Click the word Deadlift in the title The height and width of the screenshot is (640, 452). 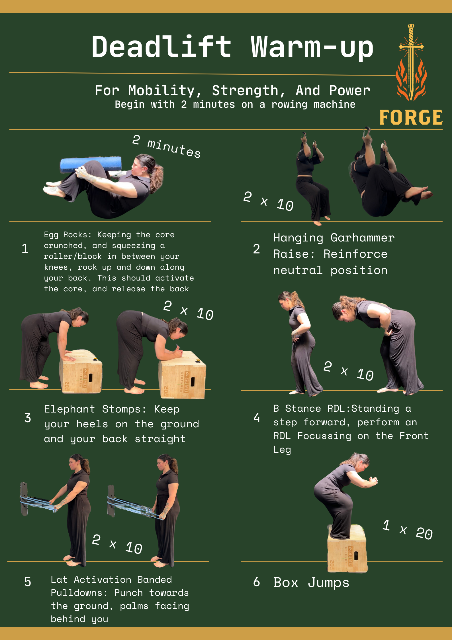[x=161, y=47]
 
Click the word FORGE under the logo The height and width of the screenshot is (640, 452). [x=411, y=118]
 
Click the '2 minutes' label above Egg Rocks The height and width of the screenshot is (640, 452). [x=167, y=146]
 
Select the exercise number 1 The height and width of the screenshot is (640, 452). [x=25, y=249]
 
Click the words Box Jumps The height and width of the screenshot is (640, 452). [x=311, y=582]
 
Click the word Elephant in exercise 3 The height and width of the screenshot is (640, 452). [x=69, y=409]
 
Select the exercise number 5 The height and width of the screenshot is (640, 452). [x=28, y=582]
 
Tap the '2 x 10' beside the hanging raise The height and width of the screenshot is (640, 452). [x=268, y=201]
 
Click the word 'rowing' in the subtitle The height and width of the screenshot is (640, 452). [x=289, y=105]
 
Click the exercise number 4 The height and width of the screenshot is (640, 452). [x=256, y=418]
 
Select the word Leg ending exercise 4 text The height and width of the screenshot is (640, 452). [x=282, y=450]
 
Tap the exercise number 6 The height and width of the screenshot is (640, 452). [x=256, y=582]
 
